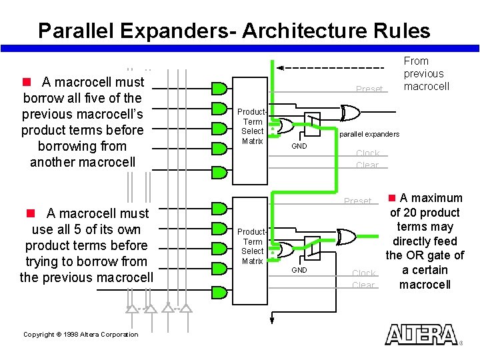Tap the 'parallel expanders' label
(x=369, y=134)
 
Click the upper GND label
(x=299, y=146)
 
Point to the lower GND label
(x=299, y=270)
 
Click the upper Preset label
(x=369, y=89)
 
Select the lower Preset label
(x=357, y=201)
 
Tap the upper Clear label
(x=367, y=165)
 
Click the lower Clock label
(x=364, y=273)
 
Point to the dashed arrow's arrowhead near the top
(x=281, y=68)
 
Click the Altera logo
(x=421, y=334)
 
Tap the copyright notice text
(x=81, y=335)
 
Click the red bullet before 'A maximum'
(x=393, y=198)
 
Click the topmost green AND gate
(x=219, y=88)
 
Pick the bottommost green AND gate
(x=219, y=273)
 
